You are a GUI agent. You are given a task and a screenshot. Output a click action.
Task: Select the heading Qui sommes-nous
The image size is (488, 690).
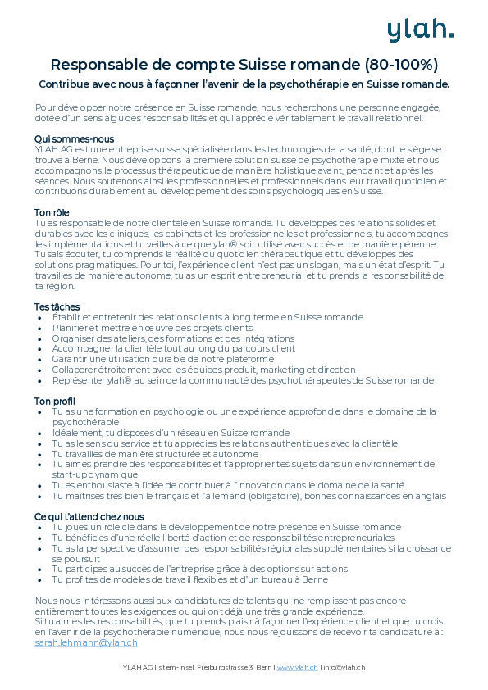pos(75,138)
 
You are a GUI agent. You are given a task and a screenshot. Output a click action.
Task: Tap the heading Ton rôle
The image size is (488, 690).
pos(52,212)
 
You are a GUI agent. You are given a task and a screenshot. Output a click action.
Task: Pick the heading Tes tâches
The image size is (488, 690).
pos(57,306)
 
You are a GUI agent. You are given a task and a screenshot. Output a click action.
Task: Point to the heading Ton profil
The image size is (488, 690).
pos(55,401)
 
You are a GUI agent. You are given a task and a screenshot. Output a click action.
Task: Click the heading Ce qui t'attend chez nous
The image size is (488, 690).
pos(89,516)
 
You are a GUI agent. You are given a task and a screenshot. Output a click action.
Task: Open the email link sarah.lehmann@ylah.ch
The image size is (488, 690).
pos(86,643)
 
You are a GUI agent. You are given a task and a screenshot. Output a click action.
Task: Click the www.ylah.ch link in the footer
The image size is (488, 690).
pos(298,667)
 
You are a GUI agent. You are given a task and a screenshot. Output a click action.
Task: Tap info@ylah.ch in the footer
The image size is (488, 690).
pos(344,667)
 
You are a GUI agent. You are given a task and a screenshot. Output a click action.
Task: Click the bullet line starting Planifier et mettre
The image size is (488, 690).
pos(153,328)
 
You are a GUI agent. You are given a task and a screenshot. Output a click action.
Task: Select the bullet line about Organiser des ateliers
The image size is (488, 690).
pos(173,338)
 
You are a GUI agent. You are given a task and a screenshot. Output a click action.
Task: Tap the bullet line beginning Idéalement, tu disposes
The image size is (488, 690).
pos(171,432)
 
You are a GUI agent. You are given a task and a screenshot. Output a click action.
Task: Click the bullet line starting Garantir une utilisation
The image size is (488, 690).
pos(162,359)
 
